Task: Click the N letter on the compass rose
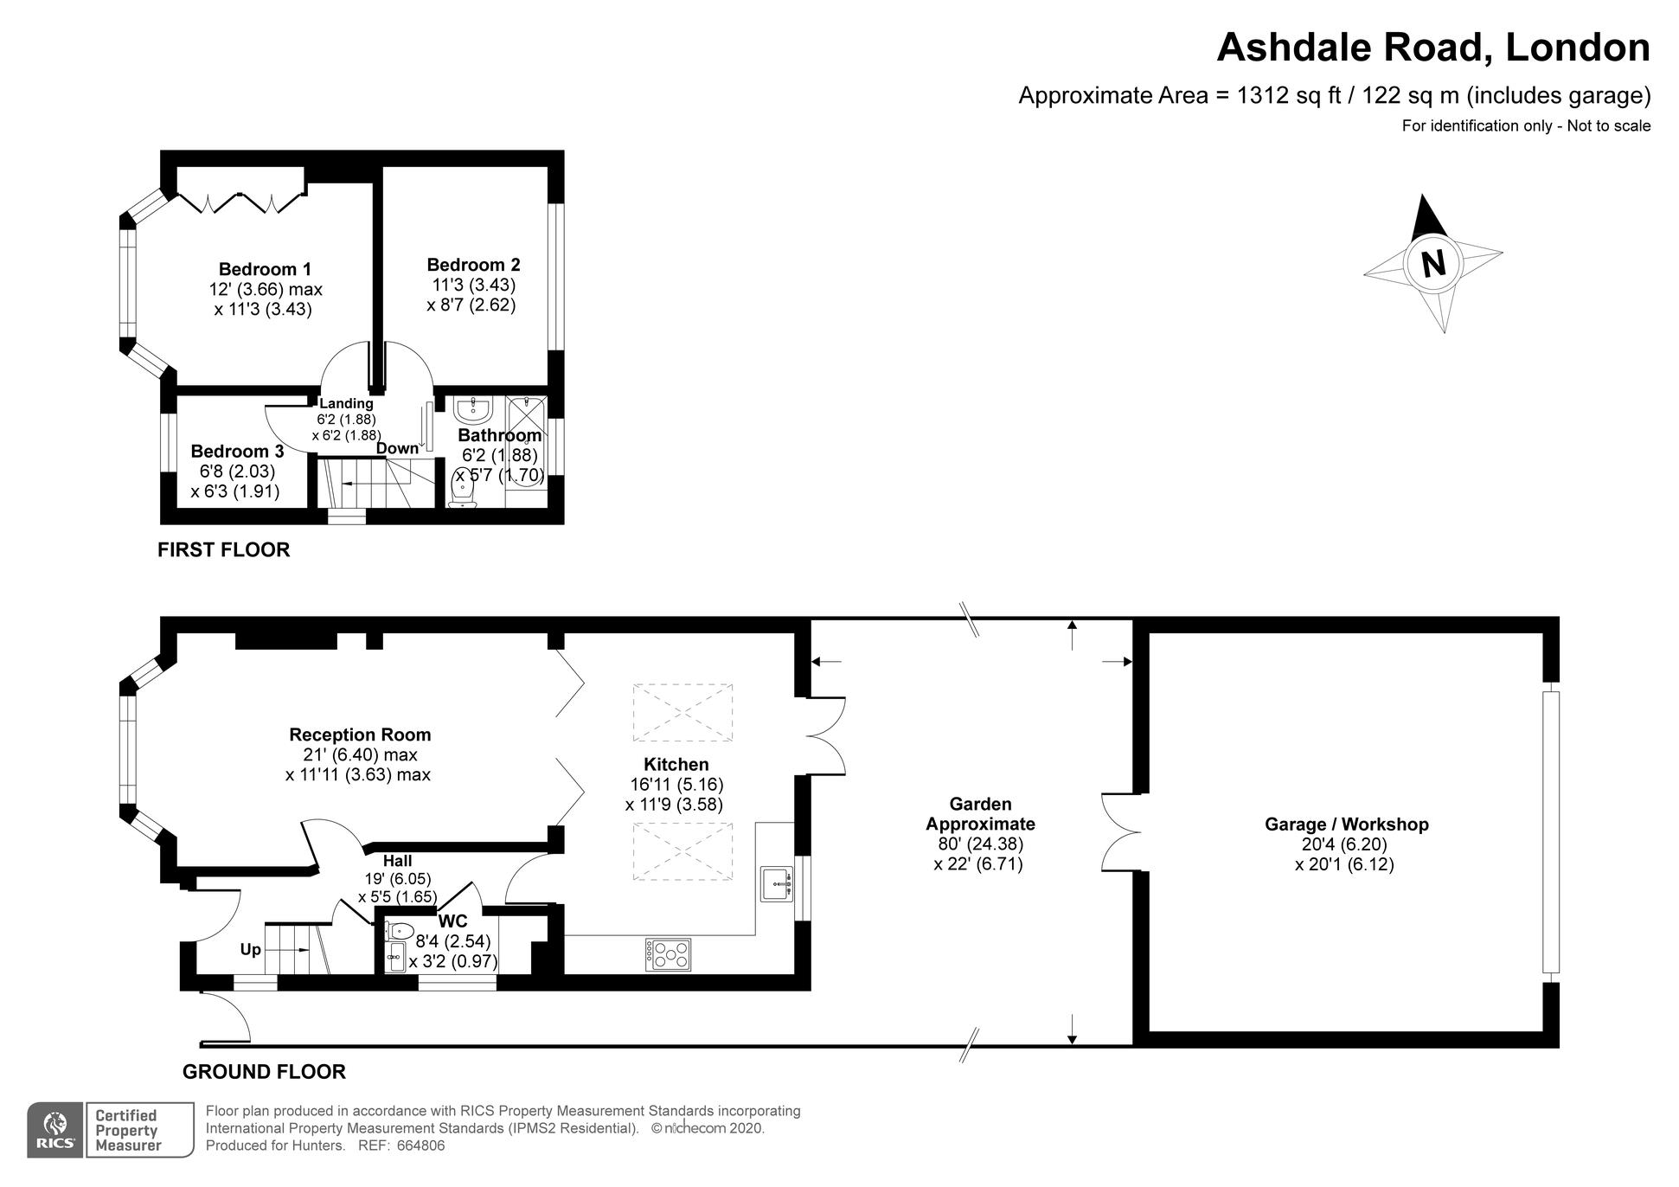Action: (1433, 262)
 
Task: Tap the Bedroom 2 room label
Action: (473, 265)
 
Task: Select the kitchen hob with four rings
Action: (668, 954)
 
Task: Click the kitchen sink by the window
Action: (776, 884)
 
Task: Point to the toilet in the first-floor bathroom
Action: (464, 491)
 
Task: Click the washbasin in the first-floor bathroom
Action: (472, 408)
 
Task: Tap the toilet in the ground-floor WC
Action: (400, 932)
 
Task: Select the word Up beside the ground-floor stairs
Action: (250, 950)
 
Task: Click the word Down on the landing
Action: (397, 448)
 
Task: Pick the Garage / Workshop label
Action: (1346, 824)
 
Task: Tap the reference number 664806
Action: (420, 1145)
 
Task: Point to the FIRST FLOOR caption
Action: (223, 549)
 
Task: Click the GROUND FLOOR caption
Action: (264, 1072)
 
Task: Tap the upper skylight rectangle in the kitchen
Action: (682, 712)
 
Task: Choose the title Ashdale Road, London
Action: (1432, 47)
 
